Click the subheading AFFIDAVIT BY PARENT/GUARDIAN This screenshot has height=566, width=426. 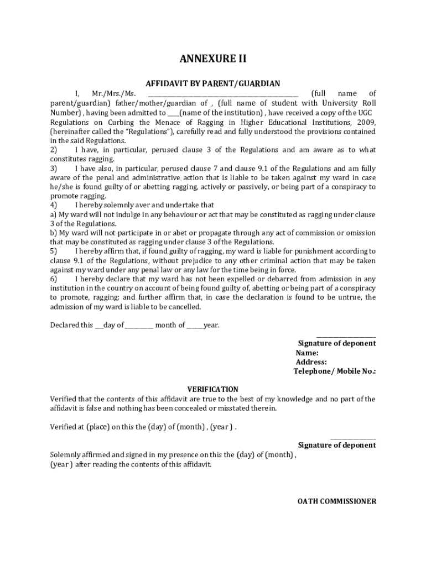pyautogui.click(x=213, y=83)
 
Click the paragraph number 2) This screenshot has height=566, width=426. pyautogui.click(x=54, y=150)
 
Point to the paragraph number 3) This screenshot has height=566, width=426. pyautogui.click(x=54, y=168)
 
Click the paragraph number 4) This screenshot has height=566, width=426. pyautogui.click(x=54, y=205)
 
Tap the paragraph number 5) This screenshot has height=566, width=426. pyautogui.click(x=54, y=251)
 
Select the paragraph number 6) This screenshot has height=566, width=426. pyautogui.click(x=54, y=279)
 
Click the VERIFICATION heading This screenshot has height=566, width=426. pyautogui.click(x=213, y=389)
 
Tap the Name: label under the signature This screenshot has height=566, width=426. pyautogui.click(x=307, y=353)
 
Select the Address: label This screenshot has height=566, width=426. pyautogui.click(x=311, y=362)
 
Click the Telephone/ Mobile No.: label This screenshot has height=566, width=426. pyautogui.click(x=335, y=371)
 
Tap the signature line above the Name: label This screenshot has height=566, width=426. pyautogui.click(x=346, y=336)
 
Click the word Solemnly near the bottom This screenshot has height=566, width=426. pyautogui.click(x=65, y=455)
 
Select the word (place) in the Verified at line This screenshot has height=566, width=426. pyautogui.click(x=98, y=427)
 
